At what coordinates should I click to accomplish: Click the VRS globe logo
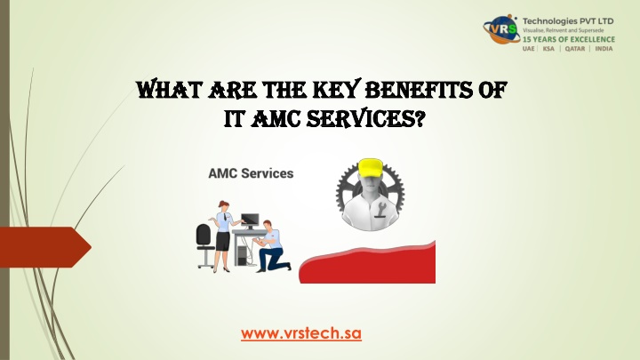pos(501,30)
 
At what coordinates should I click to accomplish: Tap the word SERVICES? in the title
pos(365,119)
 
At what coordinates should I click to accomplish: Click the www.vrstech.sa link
pos(301,333)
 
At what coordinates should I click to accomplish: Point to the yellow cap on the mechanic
pos(370,168)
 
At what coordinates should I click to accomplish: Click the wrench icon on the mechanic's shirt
pos(382,210)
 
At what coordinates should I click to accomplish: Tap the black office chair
pos(205,245)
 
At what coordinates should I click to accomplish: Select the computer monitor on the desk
pos(250,220)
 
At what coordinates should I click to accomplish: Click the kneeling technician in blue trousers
pos(271,246)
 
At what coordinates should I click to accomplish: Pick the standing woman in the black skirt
pos(223,236)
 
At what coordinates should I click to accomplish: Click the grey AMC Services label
pos(251,173)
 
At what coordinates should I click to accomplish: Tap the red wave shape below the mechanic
pos(367,264)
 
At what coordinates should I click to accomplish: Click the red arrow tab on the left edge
pos(45,247)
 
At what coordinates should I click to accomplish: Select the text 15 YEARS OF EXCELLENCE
pos(569,40)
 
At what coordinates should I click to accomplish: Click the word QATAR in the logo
pos(575,49)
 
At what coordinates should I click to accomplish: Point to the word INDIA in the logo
pos(604,49)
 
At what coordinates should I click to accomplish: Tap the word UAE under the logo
pos(529,49)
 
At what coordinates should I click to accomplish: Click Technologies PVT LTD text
pos(568,20)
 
